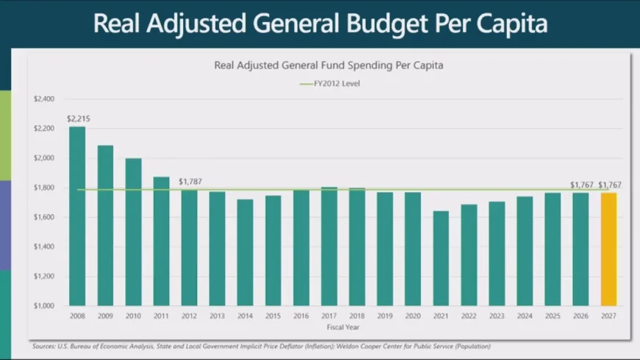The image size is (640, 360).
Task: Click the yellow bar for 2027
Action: point(608,249)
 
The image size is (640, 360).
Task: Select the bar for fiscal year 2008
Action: point(77,216)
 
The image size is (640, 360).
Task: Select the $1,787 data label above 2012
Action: point(190,181)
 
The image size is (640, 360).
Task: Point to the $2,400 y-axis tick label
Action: point(44,99)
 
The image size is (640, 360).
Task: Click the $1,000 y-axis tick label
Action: point(44,306)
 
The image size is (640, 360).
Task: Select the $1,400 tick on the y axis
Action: point(44,247)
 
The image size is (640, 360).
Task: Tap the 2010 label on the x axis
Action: point(133,315)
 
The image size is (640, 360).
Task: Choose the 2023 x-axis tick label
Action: point(497,315)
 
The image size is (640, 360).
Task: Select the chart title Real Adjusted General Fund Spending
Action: point(328,65)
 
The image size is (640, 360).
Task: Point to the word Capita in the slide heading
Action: point(510,24)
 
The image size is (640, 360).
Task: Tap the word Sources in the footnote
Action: point(44,346)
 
